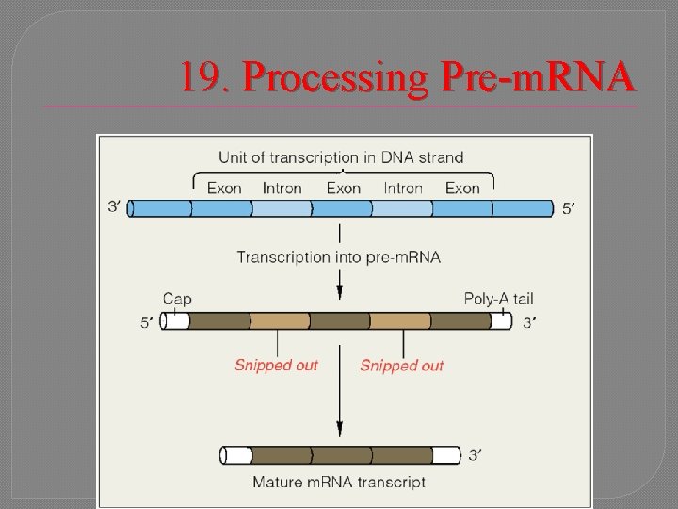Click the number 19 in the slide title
click(x=201, y=78)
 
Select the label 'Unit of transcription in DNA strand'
click(x=342, y=156)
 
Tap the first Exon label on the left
click(x=224, y=188)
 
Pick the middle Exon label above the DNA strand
click(x=343, y=188)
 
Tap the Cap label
click(x=177, y=299)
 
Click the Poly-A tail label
click(x=498, y=299)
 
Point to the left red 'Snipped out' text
click(x=276, y=365)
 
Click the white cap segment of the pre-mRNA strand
click(x=176, y=321)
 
